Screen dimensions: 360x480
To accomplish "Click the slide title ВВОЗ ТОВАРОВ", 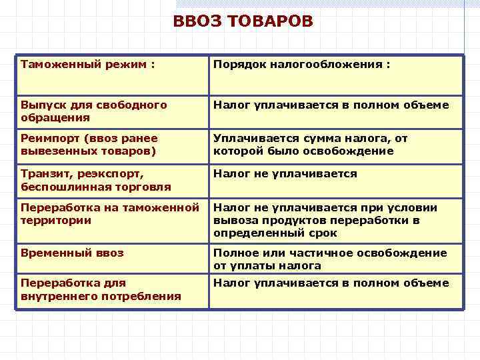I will (242, 22).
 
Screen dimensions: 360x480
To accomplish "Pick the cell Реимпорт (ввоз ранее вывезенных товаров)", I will (89, 145).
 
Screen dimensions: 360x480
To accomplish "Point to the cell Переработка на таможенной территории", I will (110, 213).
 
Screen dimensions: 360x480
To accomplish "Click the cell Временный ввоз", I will (72, 253).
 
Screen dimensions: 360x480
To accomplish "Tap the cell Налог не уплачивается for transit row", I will (285, 174).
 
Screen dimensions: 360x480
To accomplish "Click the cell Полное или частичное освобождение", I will (330, 259).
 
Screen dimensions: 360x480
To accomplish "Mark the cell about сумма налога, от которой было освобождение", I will (311, 145).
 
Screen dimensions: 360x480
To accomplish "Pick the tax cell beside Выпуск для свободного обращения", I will (331, 105).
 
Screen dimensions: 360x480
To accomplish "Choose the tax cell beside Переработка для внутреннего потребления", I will (331, 283).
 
